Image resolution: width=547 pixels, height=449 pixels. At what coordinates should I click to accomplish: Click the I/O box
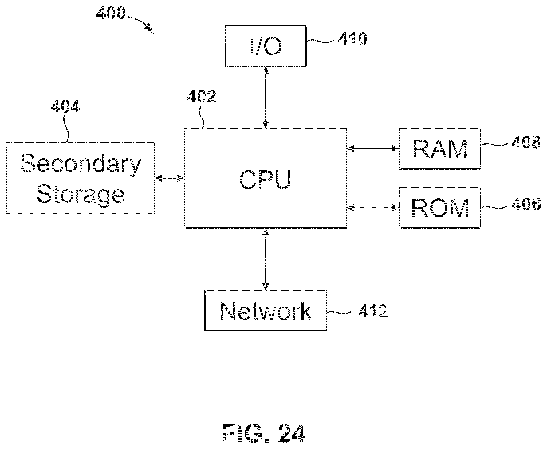point(266,46)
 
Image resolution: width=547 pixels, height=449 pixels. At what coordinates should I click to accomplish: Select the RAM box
point(440,149)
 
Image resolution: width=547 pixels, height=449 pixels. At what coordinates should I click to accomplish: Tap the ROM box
point(440,208)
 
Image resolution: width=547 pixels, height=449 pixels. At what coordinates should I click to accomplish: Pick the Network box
point(266,311)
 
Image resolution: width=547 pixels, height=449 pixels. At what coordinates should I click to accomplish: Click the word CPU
point(265,180)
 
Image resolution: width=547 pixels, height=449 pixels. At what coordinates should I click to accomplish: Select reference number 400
point(111,13)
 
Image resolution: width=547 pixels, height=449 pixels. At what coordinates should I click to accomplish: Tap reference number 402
point(202,96)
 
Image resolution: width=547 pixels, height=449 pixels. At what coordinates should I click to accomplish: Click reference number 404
point(65,106)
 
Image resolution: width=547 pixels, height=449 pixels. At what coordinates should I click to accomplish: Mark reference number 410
point(352,39)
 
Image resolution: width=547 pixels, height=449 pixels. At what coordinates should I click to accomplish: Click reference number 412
point(373,311)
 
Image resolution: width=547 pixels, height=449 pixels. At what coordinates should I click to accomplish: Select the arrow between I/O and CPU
point(266,97)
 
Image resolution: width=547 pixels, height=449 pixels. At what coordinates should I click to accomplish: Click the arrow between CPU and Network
point(266,259)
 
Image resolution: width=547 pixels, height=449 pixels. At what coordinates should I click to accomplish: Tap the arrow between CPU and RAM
point(373,149)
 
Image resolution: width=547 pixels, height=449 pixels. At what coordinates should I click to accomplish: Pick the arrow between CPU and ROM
point(373,208)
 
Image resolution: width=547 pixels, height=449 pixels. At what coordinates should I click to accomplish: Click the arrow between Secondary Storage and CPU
point(170,178)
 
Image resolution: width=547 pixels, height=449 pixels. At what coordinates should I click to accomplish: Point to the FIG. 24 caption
point(264,433)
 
